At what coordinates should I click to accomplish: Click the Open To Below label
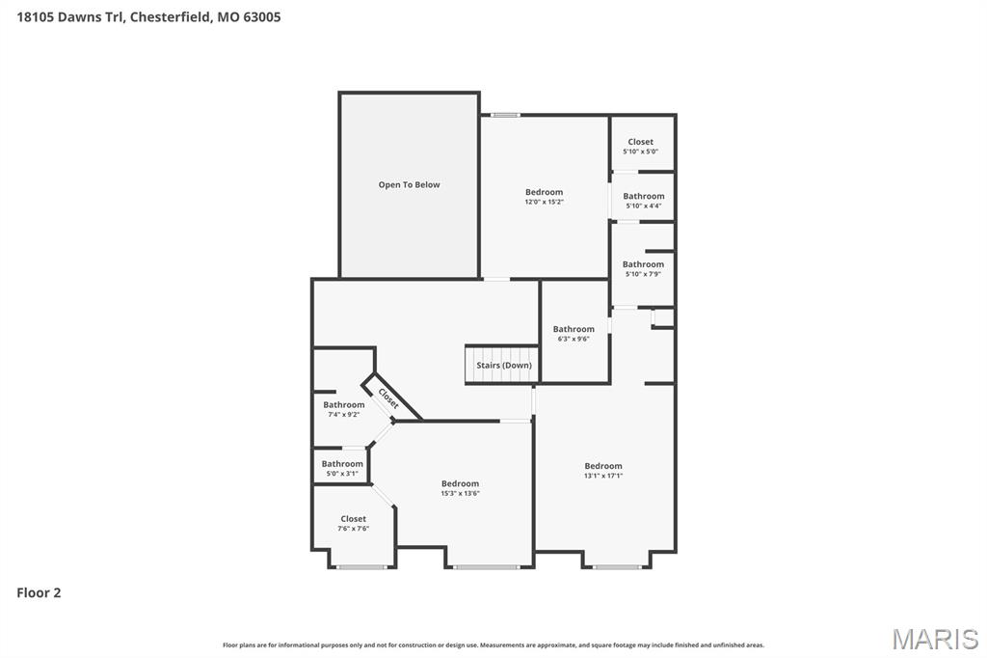click(409, 184)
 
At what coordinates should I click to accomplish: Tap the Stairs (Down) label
click(503, 366)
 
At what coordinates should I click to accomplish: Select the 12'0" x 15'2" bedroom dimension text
click(544, 202)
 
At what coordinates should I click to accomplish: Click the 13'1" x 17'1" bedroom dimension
click(603, 476)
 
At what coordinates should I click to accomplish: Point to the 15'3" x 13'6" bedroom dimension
click(460, 493)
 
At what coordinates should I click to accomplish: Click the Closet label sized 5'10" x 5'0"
click(640, 142)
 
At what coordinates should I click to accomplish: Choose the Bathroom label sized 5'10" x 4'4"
click(643, 196)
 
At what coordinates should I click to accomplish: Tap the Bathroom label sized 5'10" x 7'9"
click(643, 264)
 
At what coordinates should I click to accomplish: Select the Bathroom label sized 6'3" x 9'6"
click(574, 329)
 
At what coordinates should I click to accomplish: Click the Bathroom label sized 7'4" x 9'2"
click(344, 404)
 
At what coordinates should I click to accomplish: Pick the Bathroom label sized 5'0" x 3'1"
click(342, 464)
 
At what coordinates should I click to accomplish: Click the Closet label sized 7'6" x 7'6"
click(353, 519)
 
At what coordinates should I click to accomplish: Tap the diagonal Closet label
click(388, 398)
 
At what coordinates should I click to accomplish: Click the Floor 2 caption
click(39, 592)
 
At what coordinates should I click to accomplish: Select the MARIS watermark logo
click(934, 639)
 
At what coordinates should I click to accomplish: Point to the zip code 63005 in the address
click(262, 16)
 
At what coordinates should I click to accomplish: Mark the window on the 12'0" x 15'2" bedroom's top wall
click(505, 115)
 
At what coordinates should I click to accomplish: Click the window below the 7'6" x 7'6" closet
click(361, 567)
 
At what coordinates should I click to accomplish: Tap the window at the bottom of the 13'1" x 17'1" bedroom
click(617, 567)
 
